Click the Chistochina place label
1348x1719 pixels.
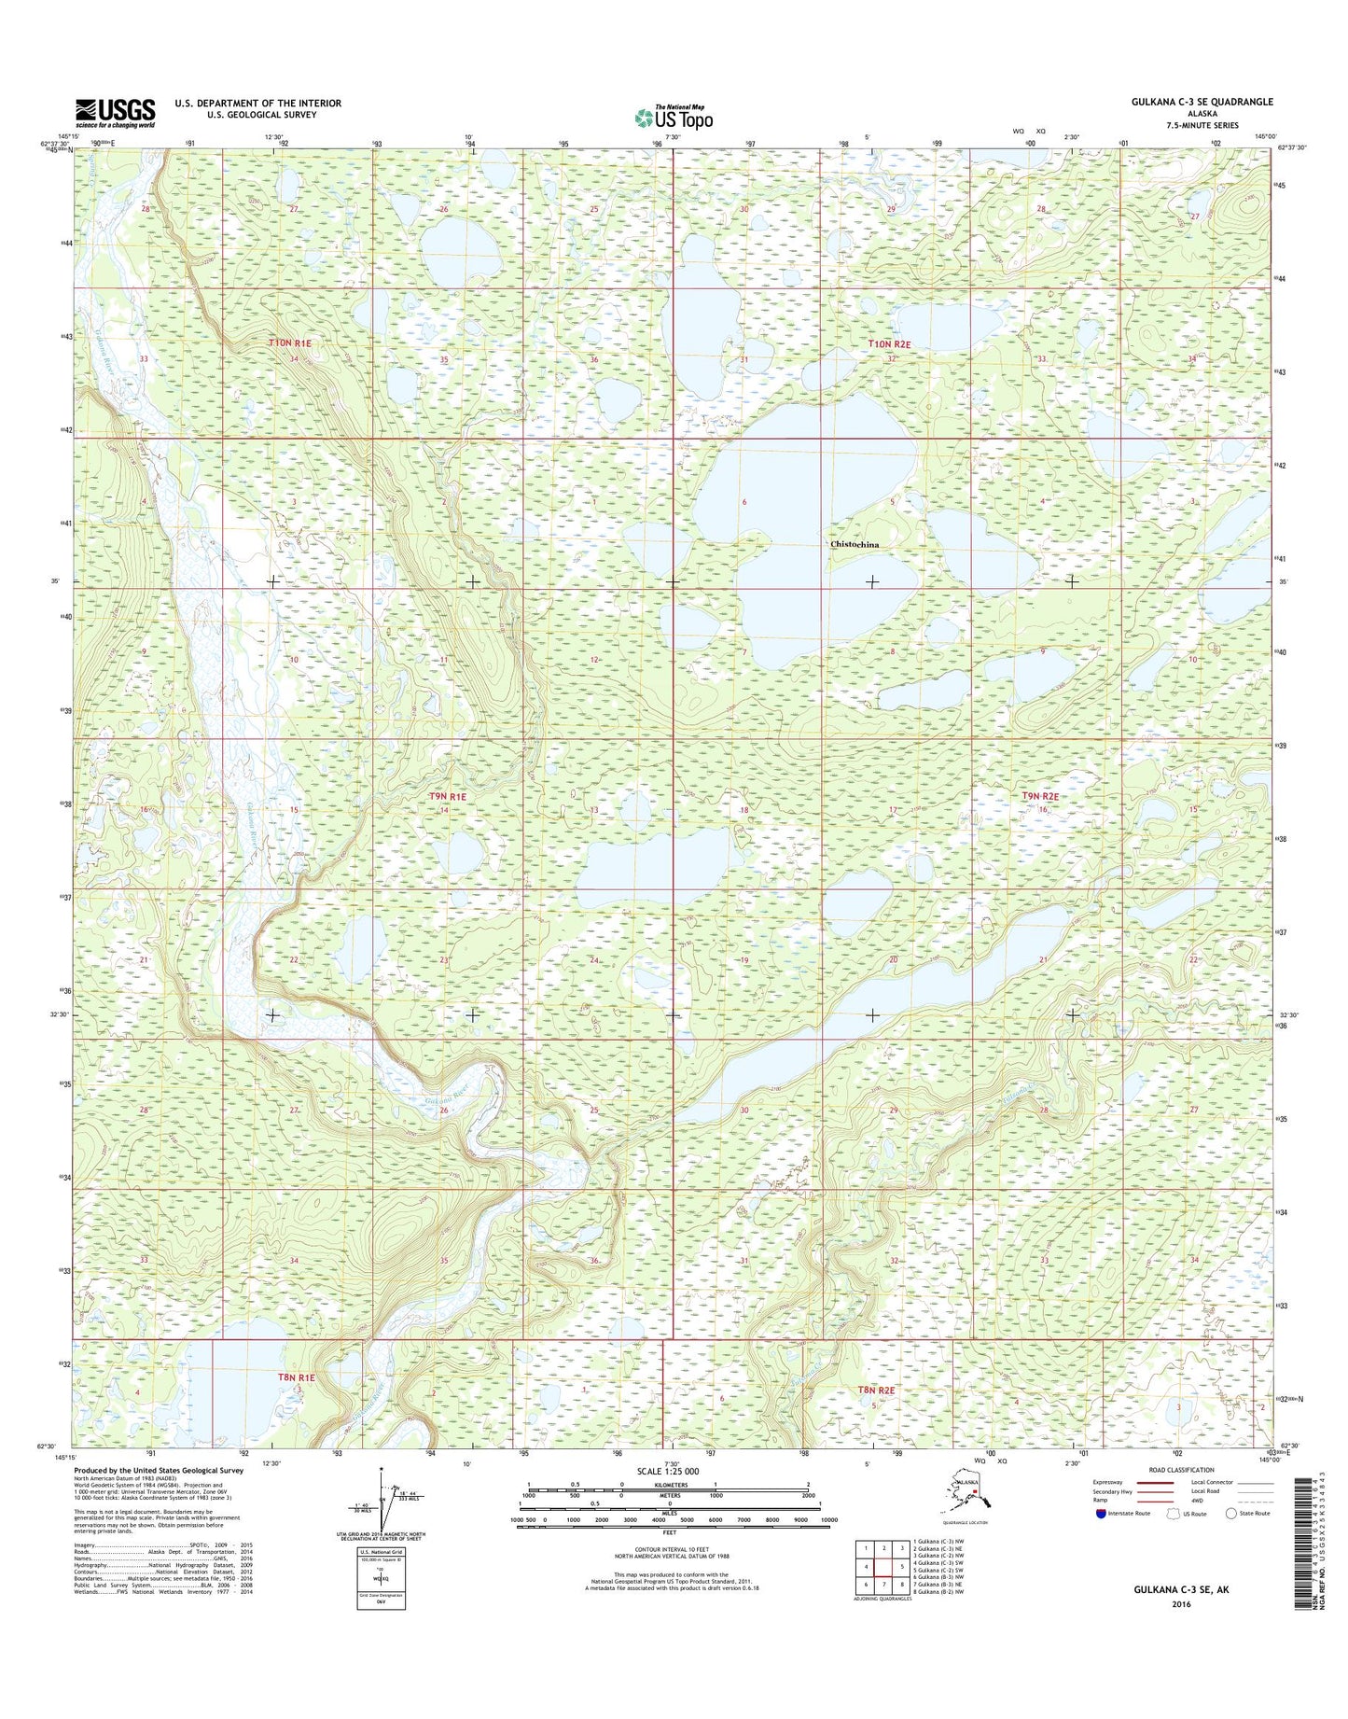pyautogui.click(x=855, y=544)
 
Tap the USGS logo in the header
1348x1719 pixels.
pyautogui.click(x=116, y=113)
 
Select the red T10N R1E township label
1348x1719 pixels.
pyautogui.click(x=289, y=343)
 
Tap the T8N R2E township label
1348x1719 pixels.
pyautogui.click(x=876, y=1416)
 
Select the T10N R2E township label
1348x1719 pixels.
pyautogui.click(x=888, y=343)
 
